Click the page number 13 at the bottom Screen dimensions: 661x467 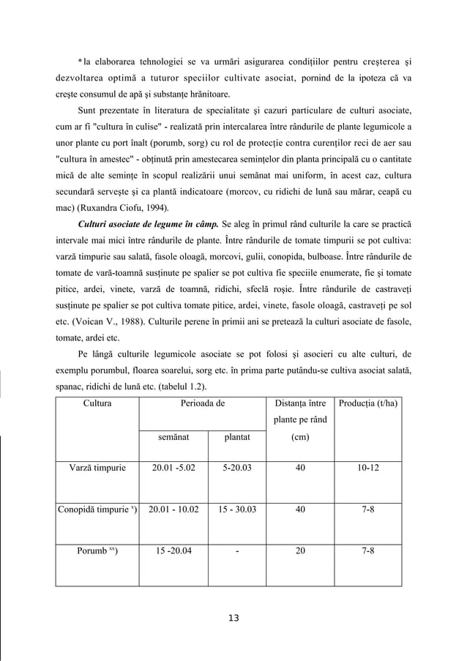(x=233, y=618)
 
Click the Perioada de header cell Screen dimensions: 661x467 (x=203, y=403)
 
